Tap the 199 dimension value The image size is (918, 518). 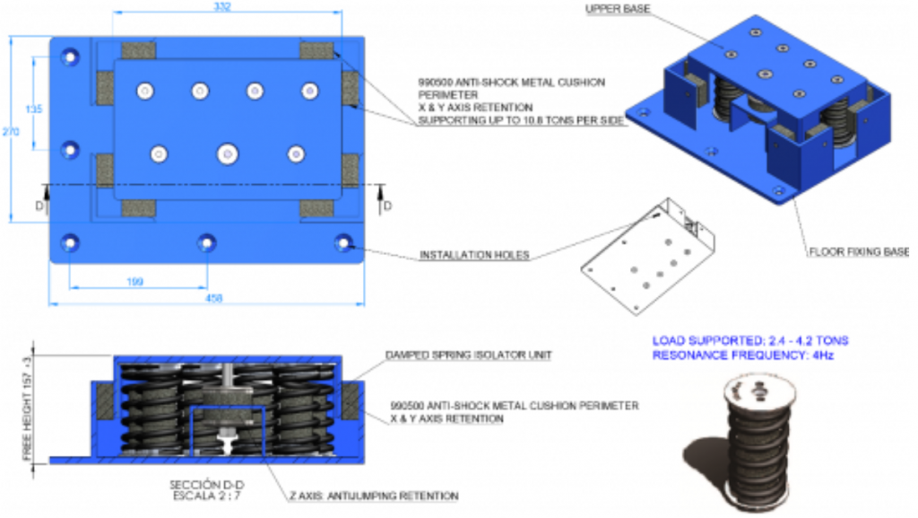(x=135, y=282)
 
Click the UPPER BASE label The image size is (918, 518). (x=618, y=10)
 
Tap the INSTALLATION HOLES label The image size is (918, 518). (x=474, y=256)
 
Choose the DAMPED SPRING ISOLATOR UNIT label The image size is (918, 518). (x=468, y=356)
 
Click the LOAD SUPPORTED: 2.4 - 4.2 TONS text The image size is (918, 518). (x=749, y=341)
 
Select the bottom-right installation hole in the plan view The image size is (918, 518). (x=342, y=241)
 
